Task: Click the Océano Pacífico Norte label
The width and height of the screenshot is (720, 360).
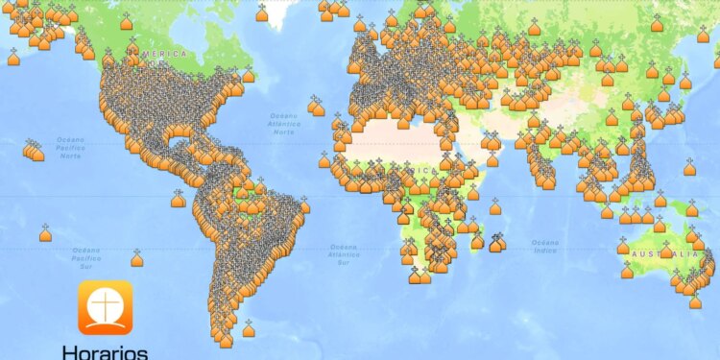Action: (x=71, y=147)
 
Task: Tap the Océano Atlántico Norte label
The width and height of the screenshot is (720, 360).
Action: (x=285, y=123)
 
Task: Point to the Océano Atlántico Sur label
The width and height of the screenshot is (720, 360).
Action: (x=343, y=254)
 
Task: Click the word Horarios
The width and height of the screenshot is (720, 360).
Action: (x=105, y=351)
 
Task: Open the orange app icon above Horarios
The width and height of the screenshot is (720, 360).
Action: (x=105, y=306)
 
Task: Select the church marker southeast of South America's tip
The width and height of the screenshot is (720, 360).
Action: (x=249, y=330)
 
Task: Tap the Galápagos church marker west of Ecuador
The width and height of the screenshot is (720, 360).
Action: (x=178, y=200)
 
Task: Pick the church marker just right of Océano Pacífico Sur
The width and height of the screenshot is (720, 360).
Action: (x=137, y=258)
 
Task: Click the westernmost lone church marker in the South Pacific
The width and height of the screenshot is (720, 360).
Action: (x=45, y=233)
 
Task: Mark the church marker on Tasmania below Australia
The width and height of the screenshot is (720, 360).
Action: (x=695, y=301)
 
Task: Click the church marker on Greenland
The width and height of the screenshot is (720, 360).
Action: (x=262, y=13)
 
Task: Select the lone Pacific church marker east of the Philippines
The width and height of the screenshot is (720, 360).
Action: (x=689, y=168)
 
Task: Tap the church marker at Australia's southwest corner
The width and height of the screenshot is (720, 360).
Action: (x=627, y=271)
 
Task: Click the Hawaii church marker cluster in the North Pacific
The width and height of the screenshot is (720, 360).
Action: (x=34, y=152)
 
